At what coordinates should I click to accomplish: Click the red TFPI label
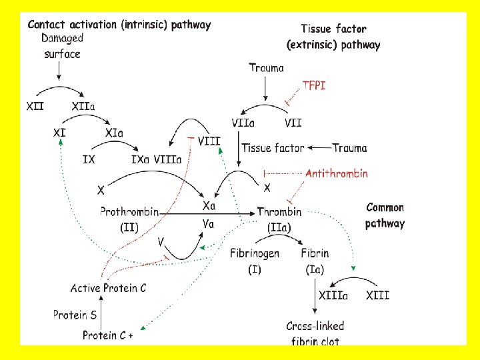(314, 85)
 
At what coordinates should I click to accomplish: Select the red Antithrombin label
(337, 173)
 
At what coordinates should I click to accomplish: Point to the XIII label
(377, 295)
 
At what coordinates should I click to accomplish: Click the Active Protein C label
(109, 288)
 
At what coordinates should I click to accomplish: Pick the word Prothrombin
(129, 212)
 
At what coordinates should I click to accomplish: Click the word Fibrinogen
(255, 253)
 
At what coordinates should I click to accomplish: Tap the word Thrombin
(279, 212)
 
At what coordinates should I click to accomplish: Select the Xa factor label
(209, 207)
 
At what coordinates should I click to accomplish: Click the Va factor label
(209, 224)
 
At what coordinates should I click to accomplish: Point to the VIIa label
(242, 123)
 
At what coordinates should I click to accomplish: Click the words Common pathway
(385, 215)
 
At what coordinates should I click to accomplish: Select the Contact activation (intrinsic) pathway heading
(119, 25)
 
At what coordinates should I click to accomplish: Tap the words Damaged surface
(62, 45)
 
